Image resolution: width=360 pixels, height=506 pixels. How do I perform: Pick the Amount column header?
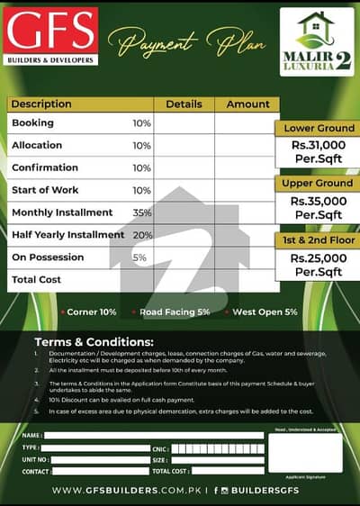(x=247, y=104)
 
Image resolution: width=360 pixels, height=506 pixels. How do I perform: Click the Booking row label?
(x=32, y=122)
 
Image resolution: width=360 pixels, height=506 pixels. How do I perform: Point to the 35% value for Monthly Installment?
(x=141, y=212)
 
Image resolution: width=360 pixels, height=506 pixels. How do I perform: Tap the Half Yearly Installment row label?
(x=67, y=235)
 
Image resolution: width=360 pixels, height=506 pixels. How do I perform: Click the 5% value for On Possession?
(x=139, y=258)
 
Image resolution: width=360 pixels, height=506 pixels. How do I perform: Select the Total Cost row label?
(x=37, y=280)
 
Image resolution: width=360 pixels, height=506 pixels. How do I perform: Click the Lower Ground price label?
(x=318, y=129)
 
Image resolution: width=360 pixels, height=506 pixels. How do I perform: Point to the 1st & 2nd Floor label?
(x=318, y=239)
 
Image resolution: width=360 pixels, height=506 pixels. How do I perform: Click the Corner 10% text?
(x=88, y=312)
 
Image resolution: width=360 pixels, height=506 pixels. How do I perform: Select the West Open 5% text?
(x=265, y=312)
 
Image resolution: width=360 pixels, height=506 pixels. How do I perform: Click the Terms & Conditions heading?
(x=94, y=343)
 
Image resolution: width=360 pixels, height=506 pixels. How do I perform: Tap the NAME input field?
(x=154, y=435)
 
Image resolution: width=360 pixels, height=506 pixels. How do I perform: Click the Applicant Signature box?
(x=310, y=453)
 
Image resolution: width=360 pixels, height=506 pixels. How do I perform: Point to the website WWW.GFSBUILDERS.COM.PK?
(x=127, y=491)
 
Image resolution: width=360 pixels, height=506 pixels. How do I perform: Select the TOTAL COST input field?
(x=229, y=471)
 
